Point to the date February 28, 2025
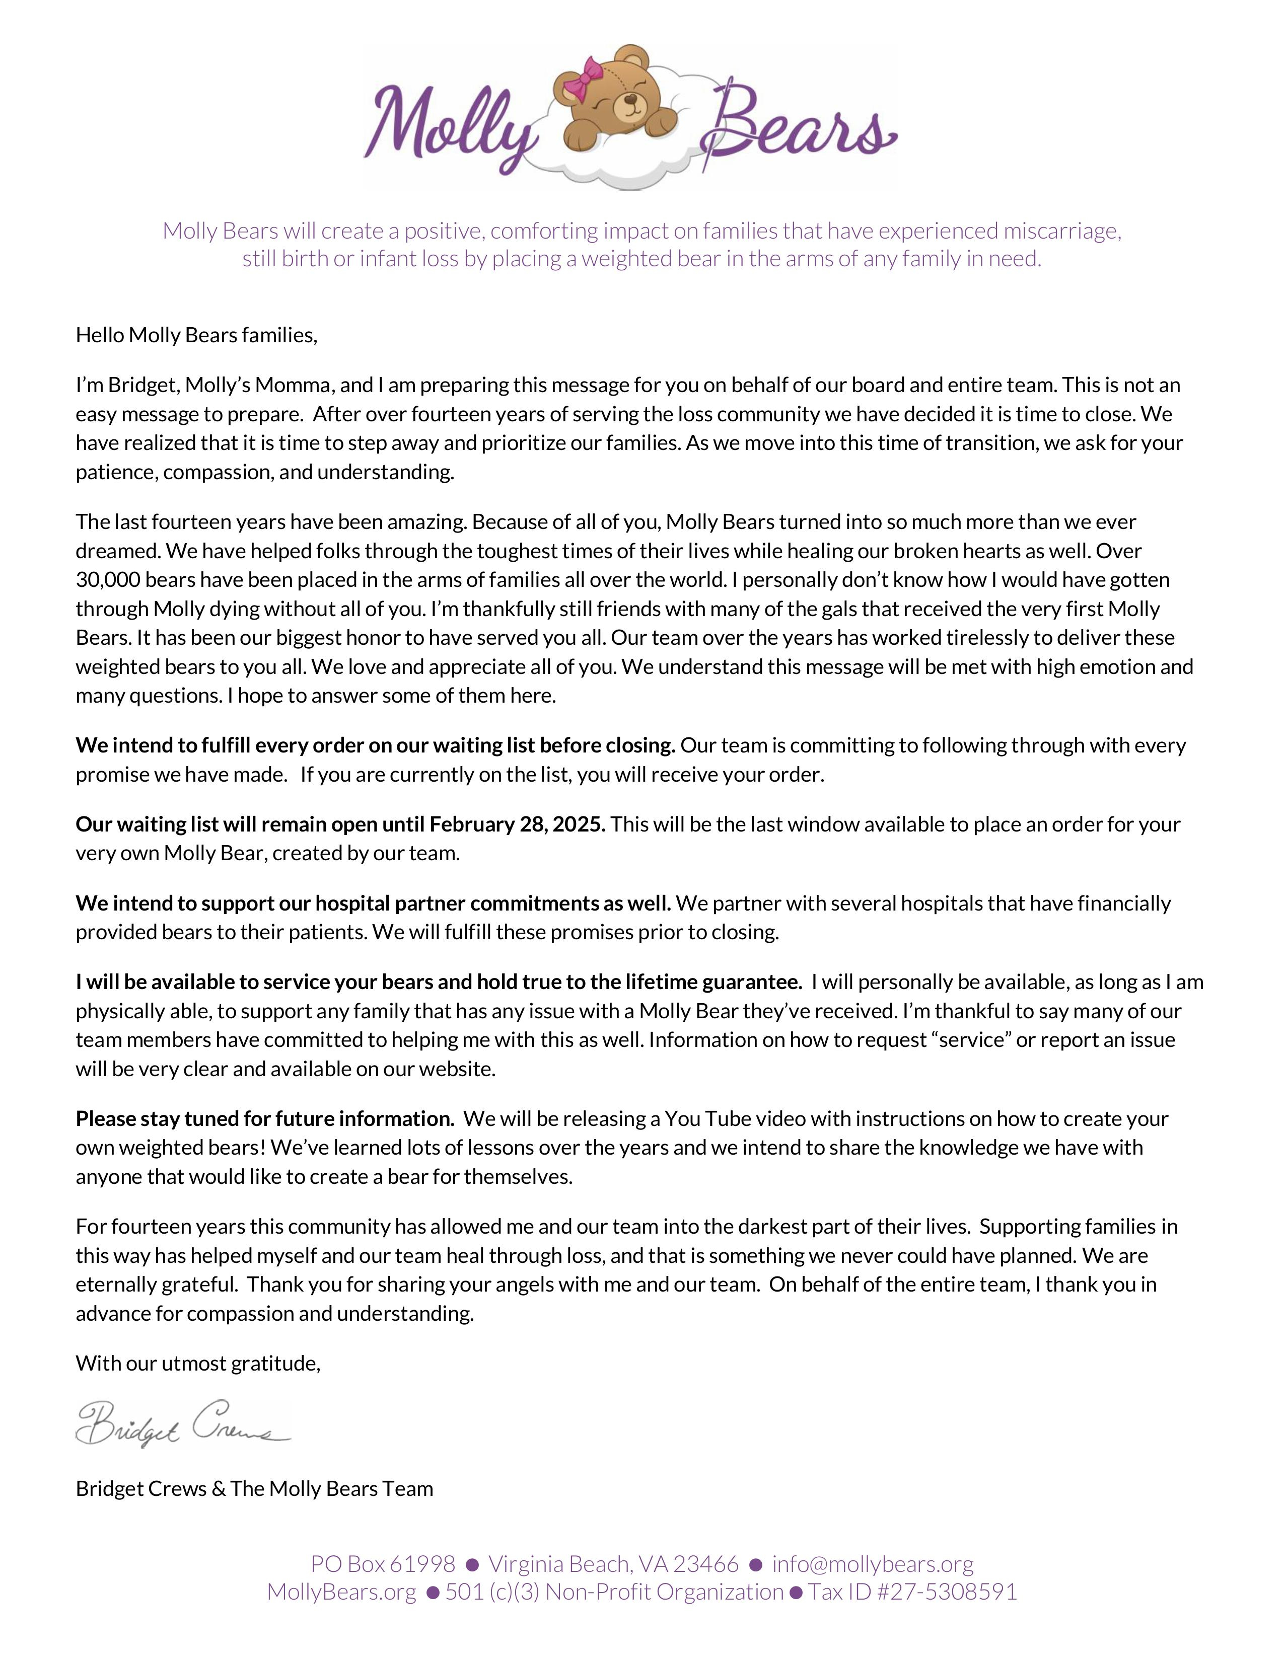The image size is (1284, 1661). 517,824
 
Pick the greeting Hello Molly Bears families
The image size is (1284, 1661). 195,335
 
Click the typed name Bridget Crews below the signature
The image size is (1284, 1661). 140,1488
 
